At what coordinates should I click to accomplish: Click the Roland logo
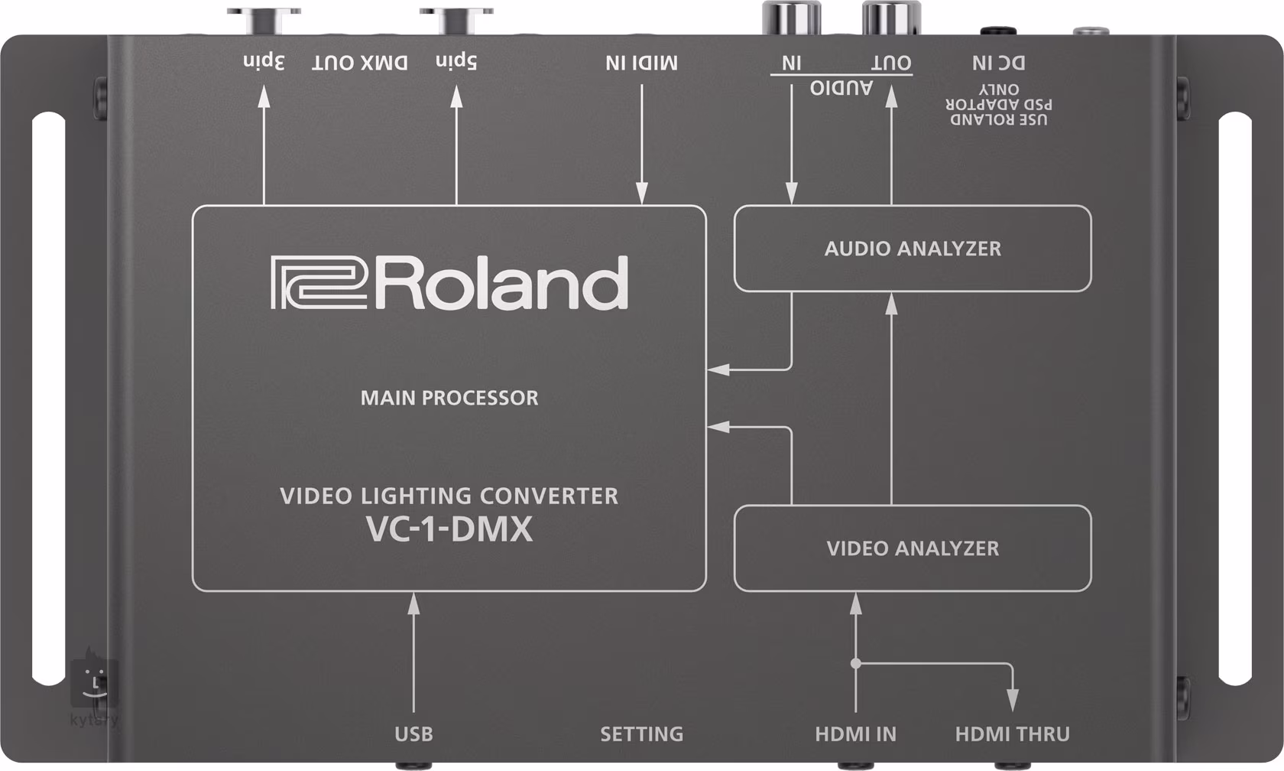click(449, 283)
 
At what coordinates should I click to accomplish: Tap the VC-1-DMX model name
click(449, 529)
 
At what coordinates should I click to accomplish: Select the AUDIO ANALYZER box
click(913, 249)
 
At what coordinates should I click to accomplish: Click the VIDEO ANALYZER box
click(913, 548)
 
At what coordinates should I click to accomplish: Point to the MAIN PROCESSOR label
click(449, 398)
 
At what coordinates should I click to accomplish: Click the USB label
click(413, 734)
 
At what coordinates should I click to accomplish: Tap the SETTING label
click(641, 734)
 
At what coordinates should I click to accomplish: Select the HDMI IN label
click(855, 734)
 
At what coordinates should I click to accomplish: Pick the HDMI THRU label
click(1012, 734)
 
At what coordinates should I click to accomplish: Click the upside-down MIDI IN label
click(641, 63)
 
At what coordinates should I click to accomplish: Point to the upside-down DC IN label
click(998, 63)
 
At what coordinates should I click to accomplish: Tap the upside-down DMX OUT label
click(359, 63)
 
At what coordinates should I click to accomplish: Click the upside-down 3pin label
click(264, 61)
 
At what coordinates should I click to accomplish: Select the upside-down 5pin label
click(456, 61)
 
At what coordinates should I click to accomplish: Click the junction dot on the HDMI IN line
click(856, 663)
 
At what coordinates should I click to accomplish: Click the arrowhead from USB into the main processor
click(413, 603)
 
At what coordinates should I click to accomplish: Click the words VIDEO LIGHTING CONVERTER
click(449, 496)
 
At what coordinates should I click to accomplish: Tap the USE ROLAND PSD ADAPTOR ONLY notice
click(998, 105)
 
